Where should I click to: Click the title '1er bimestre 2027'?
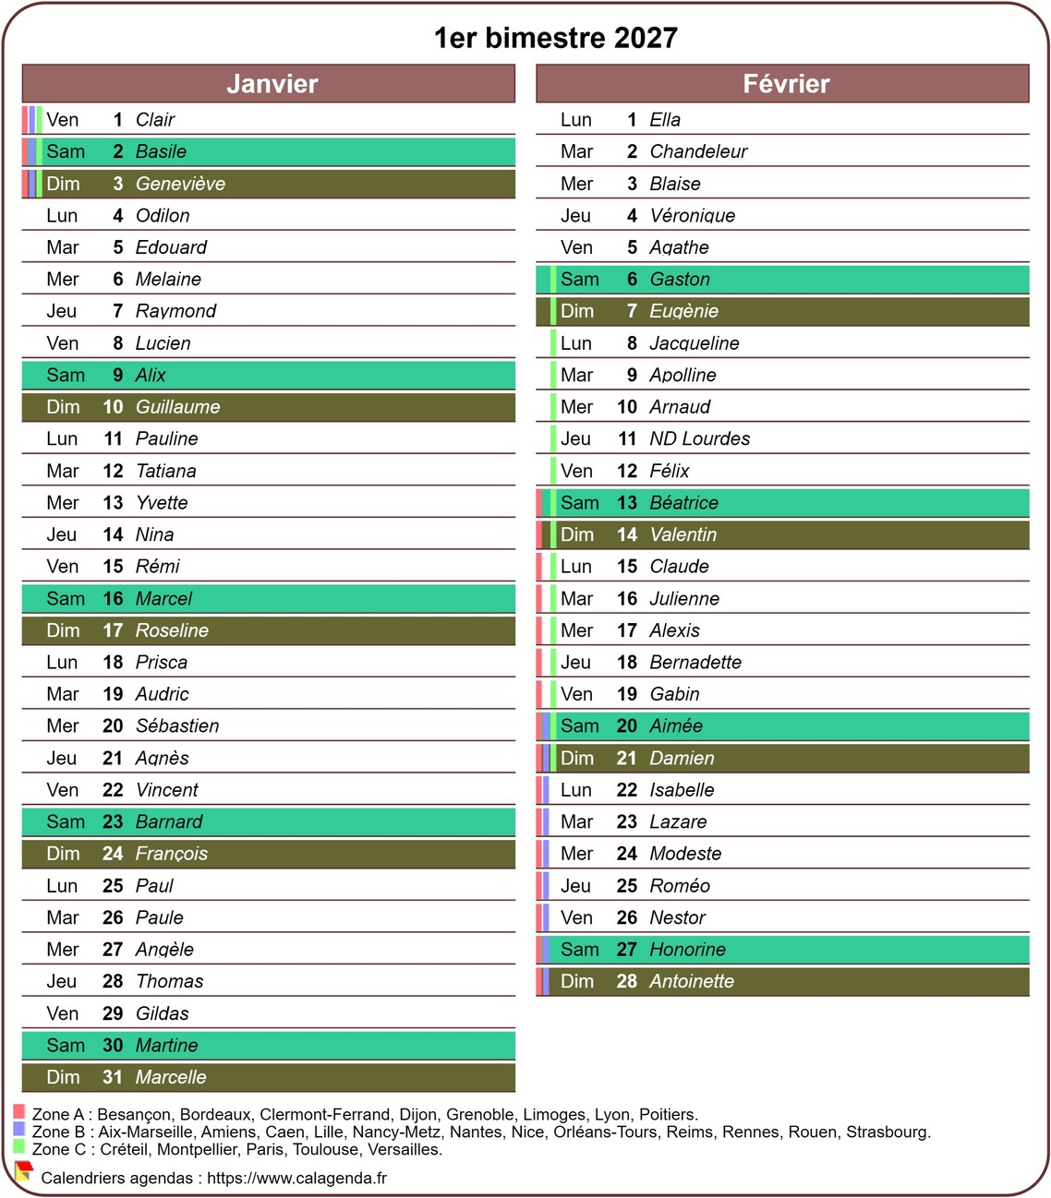(x=555, y=38)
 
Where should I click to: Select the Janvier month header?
(x=272, y=84)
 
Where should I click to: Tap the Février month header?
(x=786, y=84)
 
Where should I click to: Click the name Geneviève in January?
(x=180, y=184)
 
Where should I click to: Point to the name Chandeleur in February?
(x=698, y=151)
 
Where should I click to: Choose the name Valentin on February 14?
(x=683, y=534)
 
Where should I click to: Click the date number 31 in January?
(x=113, y=1077)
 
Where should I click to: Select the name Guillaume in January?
(x=177, y=407)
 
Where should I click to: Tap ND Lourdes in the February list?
(x=699, y=438)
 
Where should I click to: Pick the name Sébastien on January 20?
(x=177, y=726)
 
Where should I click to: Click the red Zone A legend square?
(x=18, y=1112)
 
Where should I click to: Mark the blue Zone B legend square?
(x=18, y=1130)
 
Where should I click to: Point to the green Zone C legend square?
(x=18, y=1147)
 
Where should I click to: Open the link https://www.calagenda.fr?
(x=296, y=1178)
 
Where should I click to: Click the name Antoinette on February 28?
(x=692, y=981)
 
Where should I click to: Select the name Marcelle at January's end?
(x=171, y=1077)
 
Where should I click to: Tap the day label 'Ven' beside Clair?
(x=62, y=120)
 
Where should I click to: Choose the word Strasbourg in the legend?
(x=887, y=1132)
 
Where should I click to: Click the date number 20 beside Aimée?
(x=627, y=726)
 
